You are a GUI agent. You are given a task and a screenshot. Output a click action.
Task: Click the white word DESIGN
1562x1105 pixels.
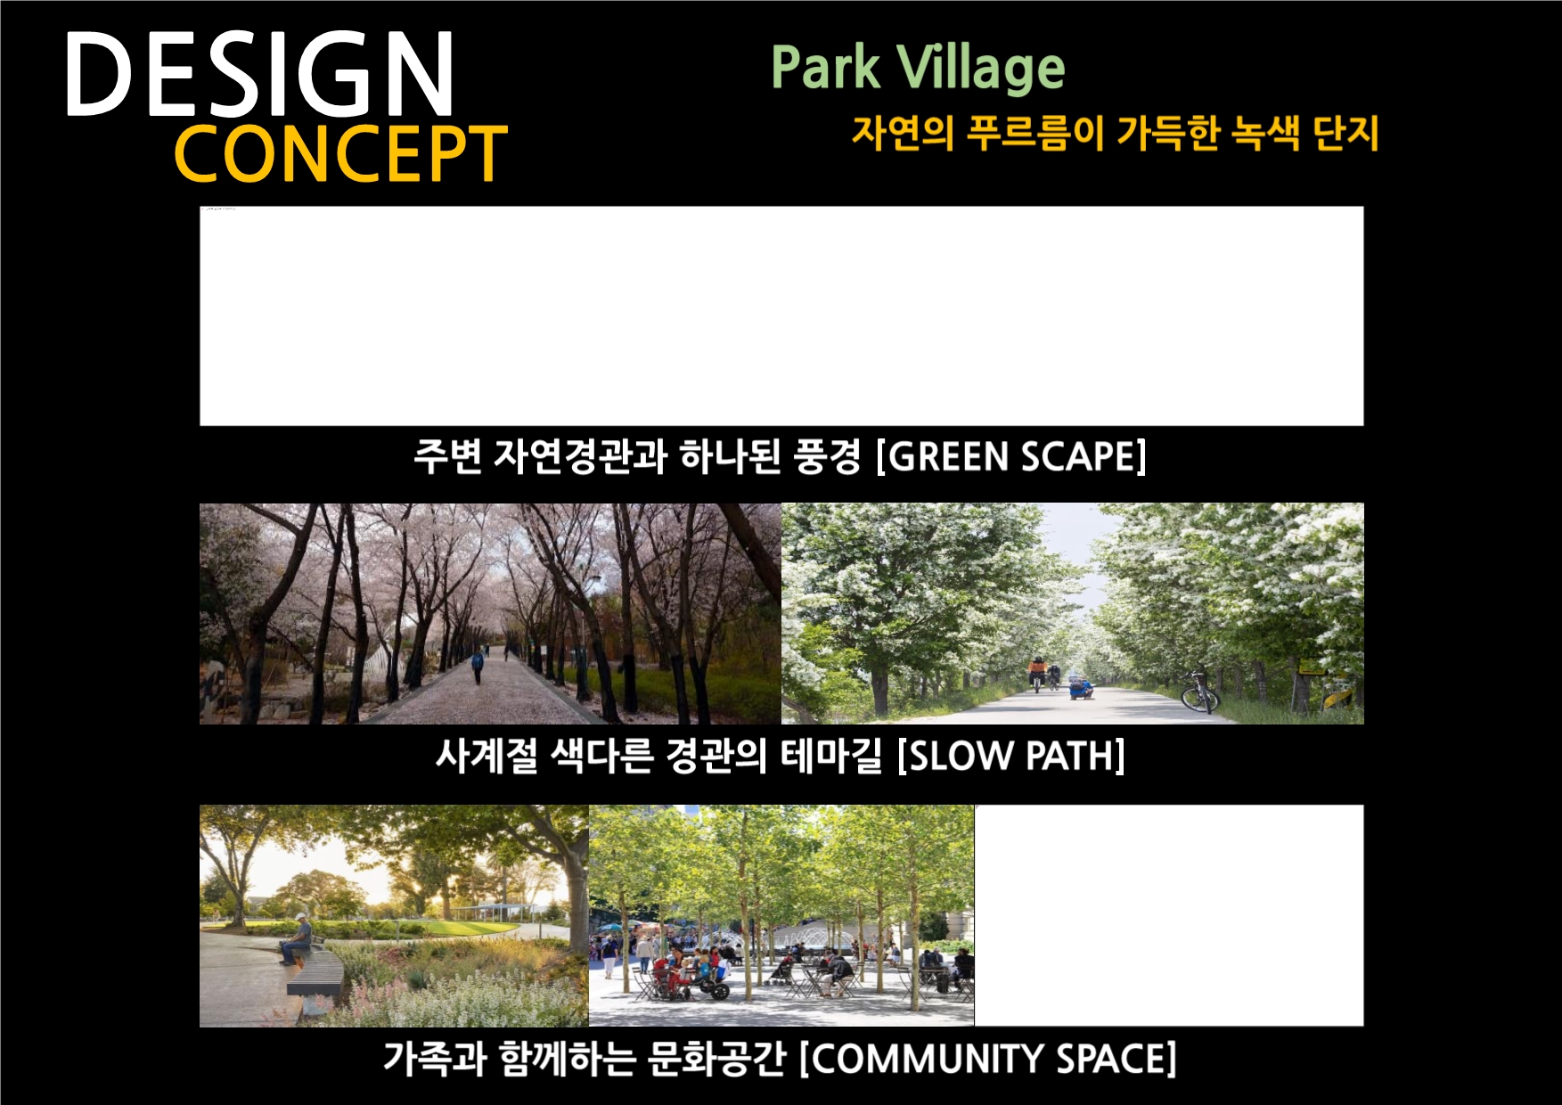[x=260, y=75]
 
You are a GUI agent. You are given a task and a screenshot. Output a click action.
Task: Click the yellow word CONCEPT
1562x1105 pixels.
[x=340, y=154]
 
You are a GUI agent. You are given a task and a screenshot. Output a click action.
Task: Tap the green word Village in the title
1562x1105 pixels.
[x=980, y=70]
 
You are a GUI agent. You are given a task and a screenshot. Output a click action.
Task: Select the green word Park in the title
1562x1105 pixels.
[x=825, y=68]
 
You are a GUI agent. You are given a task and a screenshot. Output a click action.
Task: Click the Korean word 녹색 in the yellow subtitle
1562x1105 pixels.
[x=1265, y=134]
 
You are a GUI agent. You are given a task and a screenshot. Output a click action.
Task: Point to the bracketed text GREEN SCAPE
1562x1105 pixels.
[x=1011, y=456]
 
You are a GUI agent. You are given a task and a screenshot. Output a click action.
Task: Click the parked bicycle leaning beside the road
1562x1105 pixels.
[x=1199, y=692]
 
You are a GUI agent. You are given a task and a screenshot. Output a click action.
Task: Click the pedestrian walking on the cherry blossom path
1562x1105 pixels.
[x=478, y=665]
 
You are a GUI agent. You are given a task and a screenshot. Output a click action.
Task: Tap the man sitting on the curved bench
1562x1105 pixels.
[x=297, y=939]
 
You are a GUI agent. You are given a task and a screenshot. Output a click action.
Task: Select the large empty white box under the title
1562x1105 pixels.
[x=781, y=316]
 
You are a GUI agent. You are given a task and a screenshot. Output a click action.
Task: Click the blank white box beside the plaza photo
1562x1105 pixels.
[x=1169, y=916]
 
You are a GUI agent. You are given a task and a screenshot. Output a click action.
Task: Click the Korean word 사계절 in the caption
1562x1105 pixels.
[x=487, y=756]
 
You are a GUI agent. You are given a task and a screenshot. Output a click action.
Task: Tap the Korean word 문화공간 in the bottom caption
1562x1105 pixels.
[x=716, y=1059]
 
